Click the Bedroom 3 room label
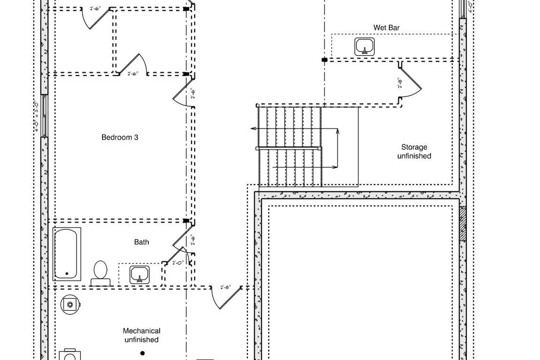point(120,137)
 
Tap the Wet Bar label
point(386,28)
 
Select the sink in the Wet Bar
point(365,47)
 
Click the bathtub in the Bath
point(66,254)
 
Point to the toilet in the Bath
point(100,273)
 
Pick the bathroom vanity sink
point(139,274)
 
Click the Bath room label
point(141,242)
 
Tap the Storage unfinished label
point(414,152)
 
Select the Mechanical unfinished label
point(141,335)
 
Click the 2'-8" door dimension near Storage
point(400,84)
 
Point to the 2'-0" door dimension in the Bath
point(178,263)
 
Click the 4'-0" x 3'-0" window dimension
point(37,116)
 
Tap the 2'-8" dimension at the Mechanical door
point(226,287)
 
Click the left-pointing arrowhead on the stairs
point(253,128)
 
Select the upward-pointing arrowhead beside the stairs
point(338,131)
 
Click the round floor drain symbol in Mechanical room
point(70,305)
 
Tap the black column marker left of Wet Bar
point(324,60)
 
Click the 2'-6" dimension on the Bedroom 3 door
point(193,94)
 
